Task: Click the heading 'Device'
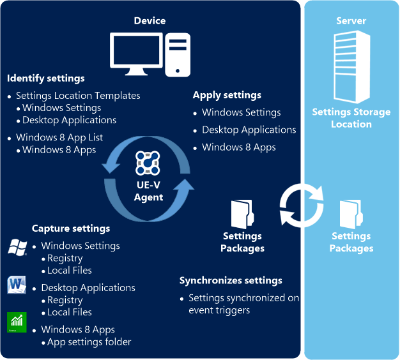pos(150,21)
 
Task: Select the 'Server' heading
pos(351,21)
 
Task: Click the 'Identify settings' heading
pos(46,79)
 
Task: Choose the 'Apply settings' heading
pos(227,95)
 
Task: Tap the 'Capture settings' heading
pos(71,229)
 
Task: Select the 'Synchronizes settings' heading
pos(231,281)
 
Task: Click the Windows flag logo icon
pos(17,247)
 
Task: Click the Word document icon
pos(17,285)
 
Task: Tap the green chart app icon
pos(17,322)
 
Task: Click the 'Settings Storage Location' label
pos(351,118)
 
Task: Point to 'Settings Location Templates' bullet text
pos(78,96)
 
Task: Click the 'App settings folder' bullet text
pos(89,342)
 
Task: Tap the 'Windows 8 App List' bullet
pos(59,138)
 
